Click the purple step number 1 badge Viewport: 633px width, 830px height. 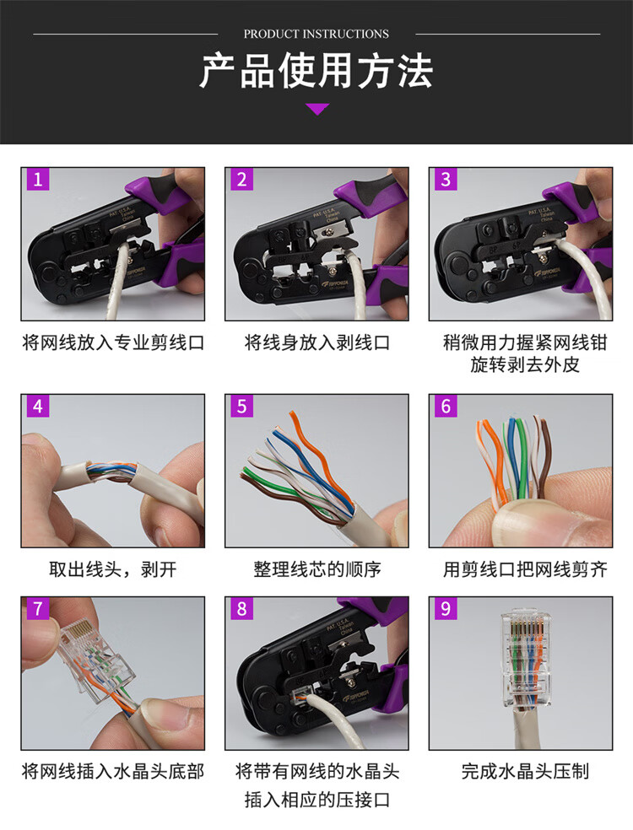pyautogui.click(x=38, y=180)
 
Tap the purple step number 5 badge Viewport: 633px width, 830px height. pyautogui.click(x=242, y=406)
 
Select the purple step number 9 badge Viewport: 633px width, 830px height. pyautogui.click(x=446, y=609)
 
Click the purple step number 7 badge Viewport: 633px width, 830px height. pyautogui.click(x=38, y=609)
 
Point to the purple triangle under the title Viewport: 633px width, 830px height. pyautogui.click(x=317, y=109)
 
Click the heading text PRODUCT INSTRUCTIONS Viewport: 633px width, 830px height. pyautogui.click(x=316, y=34)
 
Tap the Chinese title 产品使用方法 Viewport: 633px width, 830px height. pyautogui.click(x=316, y=71)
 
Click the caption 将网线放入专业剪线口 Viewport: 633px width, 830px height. pyautogui.click(x=113, y=342)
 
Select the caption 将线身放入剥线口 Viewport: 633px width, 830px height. pyautogui.click(x=316, y=342)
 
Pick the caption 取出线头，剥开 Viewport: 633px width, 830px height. pyautogui.click(x=113, y=569)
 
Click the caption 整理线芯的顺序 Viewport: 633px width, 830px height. pyautogui.click(x=316, y=569)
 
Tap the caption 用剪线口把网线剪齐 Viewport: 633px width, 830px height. pyautogui.click(x=525, y=569)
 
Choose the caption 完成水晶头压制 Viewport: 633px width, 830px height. pyautogui.click(x=525, y=771)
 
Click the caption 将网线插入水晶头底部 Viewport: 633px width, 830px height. pyautogui.click(x=113, y=771)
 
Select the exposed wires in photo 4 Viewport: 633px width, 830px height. pyautogui.click(x=113, y=470)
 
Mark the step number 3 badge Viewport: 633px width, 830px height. pyautogui.click(x=446, y=180)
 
